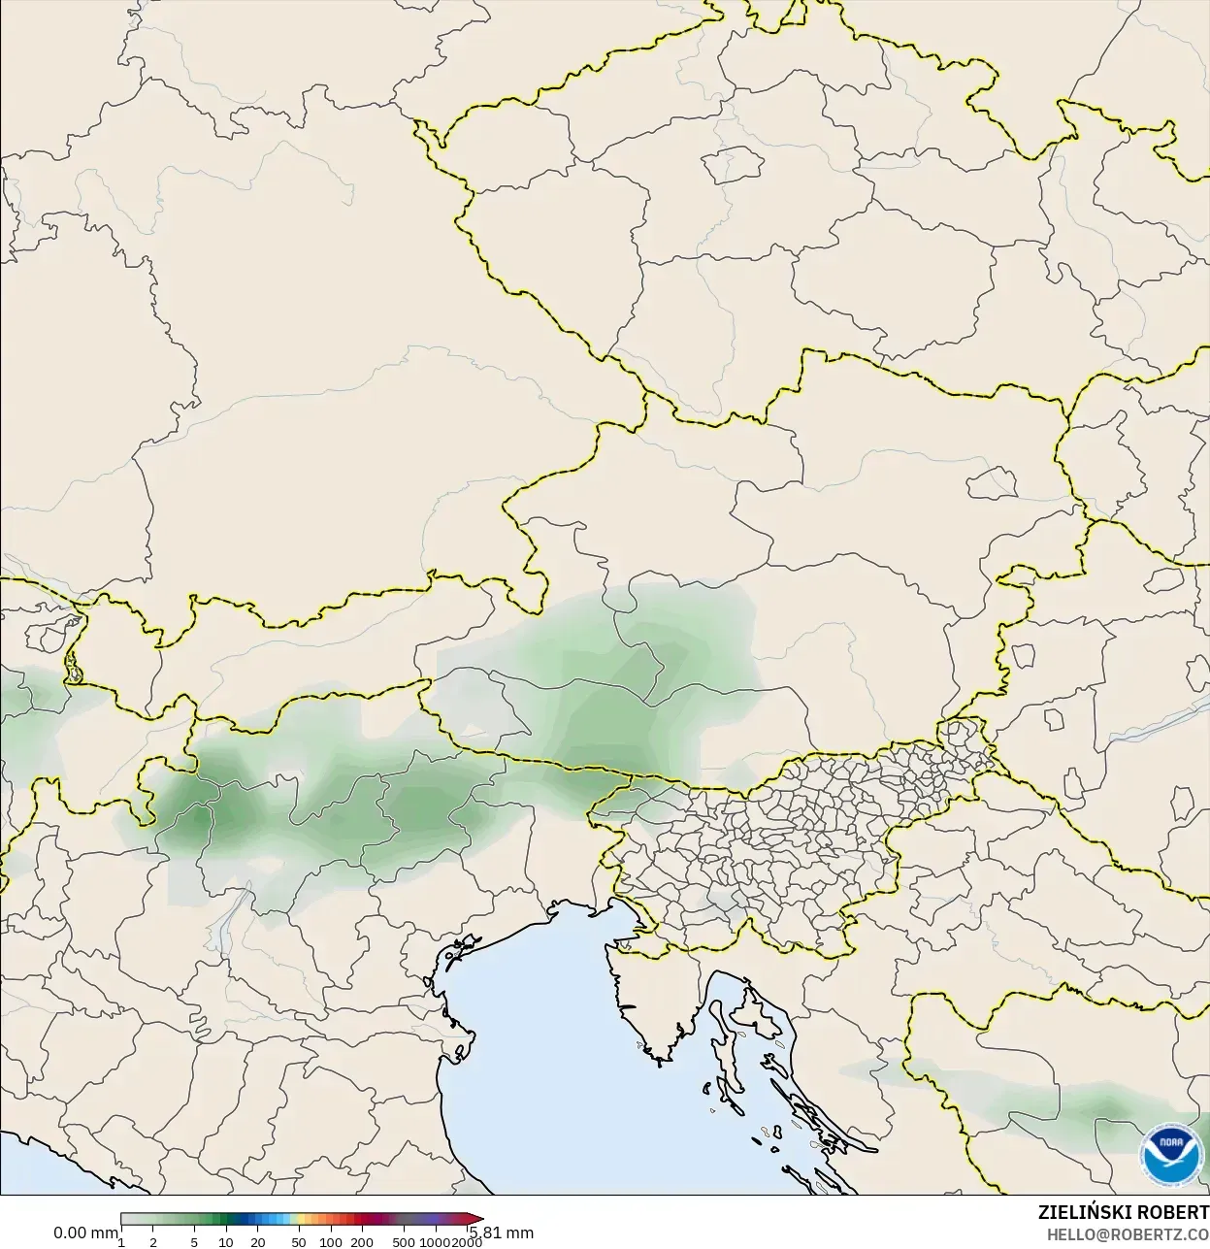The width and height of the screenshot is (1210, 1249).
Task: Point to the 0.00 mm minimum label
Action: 85,1233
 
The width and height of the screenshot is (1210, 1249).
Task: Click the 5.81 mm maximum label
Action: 502,1233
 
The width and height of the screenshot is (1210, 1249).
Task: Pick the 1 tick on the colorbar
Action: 121,1242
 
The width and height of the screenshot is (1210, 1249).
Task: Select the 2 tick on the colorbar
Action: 153,1242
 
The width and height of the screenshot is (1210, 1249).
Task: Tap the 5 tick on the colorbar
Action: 194,1242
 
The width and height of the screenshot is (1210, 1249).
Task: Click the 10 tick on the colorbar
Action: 226,1242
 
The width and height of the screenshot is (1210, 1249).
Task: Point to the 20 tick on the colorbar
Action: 258,1242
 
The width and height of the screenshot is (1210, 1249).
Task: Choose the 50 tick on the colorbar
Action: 299,1242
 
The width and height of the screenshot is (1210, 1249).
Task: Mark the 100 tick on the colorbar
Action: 331,1242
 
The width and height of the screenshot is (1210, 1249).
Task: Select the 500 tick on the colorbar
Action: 404,1242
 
